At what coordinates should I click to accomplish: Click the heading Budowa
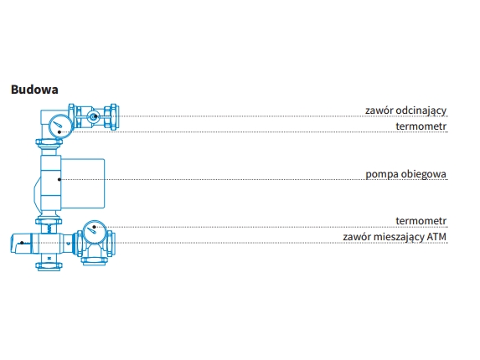[34, 90]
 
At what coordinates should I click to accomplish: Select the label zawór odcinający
[405, 111]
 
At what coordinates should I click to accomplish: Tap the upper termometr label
[421, 126]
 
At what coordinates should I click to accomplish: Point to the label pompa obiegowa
[406, 174]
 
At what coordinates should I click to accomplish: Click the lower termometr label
[421, 220]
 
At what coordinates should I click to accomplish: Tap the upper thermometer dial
[60, 126]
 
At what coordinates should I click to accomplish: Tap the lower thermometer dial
[95, 232]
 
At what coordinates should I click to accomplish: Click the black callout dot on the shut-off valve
[95, 116]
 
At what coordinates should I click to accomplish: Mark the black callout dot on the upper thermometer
[59, 131]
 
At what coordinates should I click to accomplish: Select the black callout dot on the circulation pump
[59, 179]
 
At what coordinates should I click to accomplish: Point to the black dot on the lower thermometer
[94, 227]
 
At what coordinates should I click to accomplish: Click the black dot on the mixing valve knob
[22, 243]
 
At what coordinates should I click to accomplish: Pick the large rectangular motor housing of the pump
[83, 183]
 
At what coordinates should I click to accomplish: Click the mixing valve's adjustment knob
[21, 244]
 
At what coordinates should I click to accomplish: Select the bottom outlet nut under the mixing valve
[49, 266]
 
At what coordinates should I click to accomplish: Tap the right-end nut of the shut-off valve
[111, 117]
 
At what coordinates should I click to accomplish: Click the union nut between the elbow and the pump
[49, 142]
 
